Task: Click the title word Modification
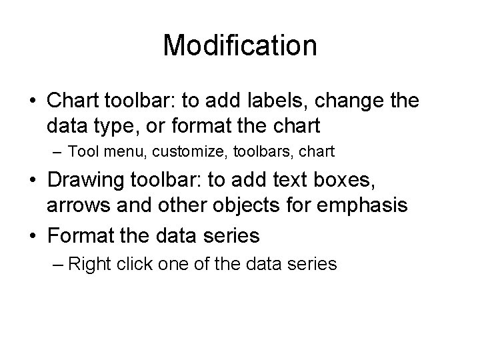(x=239, y=45)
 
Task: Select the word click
(x=133, y=264)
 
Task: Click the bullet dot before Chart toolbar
(x=31, y=102)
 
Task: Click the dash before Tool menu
(x=55, y=153)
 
